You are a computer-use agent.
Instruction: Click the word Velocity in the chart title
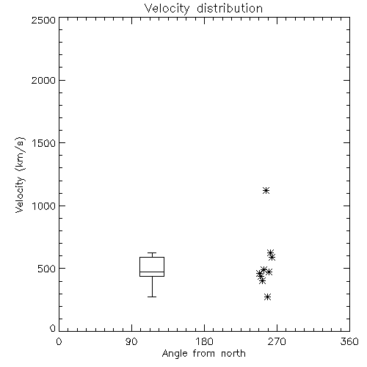tap(167, 9)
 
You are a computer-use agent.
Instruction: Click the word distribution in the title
tap(230, 8)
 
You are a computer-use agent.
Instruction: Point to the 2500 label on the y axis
tap(43, 20)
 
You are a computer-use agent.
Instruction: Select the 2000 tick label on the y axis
tap(43, 80)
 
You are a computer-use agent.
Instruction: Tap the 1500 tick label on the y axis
tap(44, 143)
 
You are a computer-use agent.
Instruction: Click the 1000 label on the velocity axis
tap(44, 206)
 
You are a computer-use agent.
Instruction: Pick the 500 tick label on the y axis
tap(46, 269)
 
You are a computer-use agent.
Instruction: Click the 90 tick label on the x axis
tap(131, 341)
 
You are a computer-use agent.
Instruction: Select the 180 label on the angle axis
tap(204, 341)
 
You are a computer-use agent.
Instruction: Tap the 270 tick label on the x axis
tap(277, 341)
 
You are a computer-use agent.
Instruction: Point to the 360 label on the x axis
tap(349, 341)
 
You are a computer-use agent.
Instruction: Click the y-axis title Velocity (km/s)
tap(20, 175)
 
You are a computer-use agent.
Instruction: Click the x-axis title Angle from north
tap(204, 354)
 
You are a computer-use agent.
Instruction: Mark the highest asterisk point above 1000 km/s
tap(266, 190)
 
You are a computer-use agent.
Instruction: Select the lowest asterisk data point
tap(268, 297)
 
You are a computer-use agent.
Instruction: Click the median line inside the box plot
tap(152, 272)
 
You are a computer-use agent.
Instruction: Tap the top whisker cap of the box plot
tap(152, 252)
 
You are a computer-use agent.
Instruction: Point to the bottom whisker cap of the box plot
tap(152, 297)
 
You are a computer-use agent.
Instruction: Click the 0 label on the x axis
tap(59, 341)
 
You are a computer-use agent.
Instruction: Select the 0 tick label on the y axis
tap(53, 328)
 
